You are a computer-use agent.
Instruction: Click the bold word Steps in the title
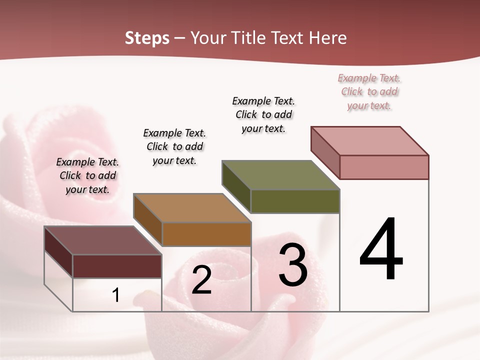coord(147,38)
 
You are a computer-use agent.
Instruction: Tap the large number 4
coord(381,250)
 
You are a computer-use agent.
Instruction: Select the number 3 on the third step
coord(293,265)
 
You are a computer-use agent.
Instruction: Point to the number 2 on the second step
coord(201,280)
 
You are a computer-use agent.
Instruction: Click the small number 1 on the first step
coord(116,295)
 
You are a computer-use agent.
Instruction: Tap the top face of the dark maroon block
coord(103,240)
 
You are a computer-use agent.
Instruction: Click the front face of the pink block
coord(384,167)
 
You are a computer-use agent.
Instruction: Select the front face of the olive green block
coord(295,201)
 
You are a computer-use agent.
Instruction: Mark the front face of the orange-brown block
coord(206,234)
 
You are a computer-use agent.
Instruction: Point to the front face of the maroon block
coord(117,266)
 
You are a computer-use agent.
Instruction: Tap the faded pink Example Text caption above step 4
coord(369,92)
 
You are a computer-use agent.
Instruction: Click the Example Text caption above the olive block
coord(263,114)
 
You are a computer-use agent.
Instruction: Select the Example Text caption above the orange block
coord(174,146)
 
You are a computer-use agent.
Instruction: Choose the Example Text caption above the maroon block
coord(87,175)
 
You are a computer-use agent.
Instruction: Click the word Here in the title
coord(327,38)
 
